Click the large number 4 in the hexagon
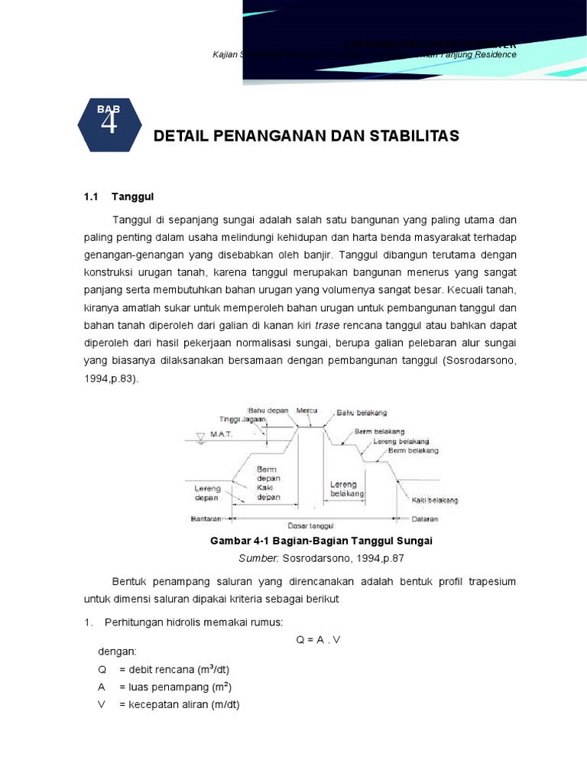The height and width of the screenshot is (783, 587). [x=109, y=124]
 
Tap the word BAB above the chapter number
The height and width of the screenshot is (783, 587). [x=109, y=109]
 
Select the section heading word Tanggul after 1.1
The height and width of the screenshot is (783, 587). [x=133, y=197]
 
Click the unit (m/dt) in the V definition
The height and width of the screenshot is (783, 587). [x=223, y=704]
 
